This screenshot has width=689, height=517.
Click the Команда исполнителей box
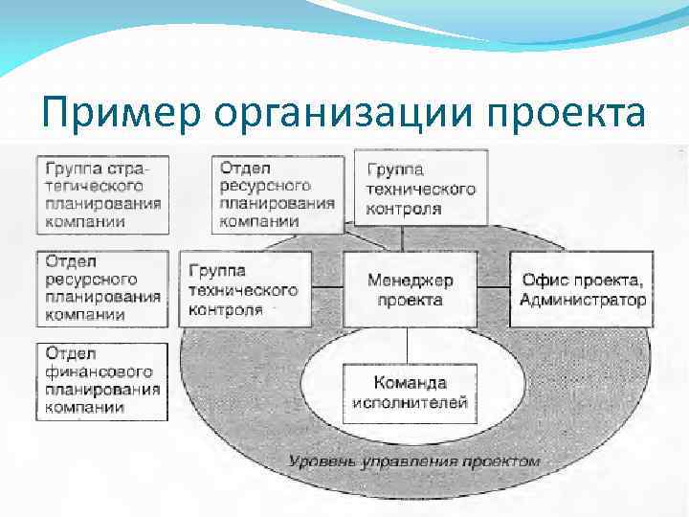click(x=410, y=393)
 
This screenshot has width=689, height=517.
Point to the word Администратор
click(x=583, y=300)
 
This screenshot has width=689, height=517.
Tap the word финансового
click(x=99, y=371)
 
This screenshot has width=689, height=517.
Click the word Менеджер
click(x=411, y=281)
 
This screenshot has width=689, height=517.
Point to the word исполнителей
click(x=410, y=402)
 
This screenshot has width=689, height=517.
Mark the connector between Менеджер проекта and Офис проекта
click(x=493, y=286)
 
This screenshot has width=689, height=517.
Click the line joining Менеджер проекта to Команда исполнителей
click(x=410, y=345)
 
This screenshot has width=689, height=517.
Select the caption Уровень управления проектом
click(x=414, y=461)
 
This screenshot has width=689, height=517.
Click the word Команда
click(x=411, y=383)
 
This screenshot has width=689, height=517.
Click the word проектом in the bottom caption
click(x=503, y=461)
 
